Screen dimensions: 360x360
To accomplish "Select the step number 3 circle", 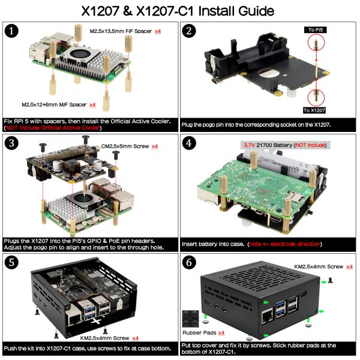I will tap(11, 144).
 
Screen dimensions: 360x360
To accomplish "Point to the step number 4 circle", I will tap(189, 144).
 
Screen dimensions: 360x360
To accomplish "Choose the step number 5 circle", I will tap(11, 262).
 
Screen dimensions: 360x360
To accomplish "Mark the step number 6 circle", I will tap(189, 262).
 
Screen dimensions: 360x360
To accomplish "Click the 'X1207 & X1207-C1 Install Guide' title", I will tap(180, 11).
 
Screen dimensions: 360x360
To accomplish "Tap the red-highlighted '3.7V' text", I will tap(248, 145).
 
